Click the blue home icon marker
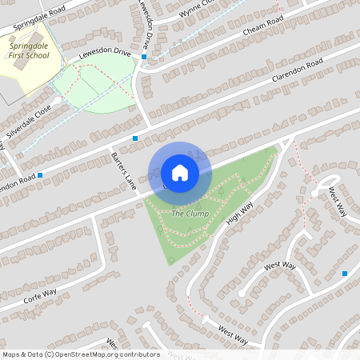tap(180, 173)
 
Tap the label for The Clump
tap(190, 214)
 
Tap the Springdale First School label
tap(29, 52)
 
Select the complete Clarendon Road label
tap(297, 71)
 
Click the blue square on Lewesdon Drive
tap(144, 57)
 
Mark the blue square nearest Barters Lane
tap(135, 138)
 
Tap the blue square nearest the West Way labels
tap(345, 274)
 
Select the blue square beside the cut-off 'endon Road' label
tap(39, 174)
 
